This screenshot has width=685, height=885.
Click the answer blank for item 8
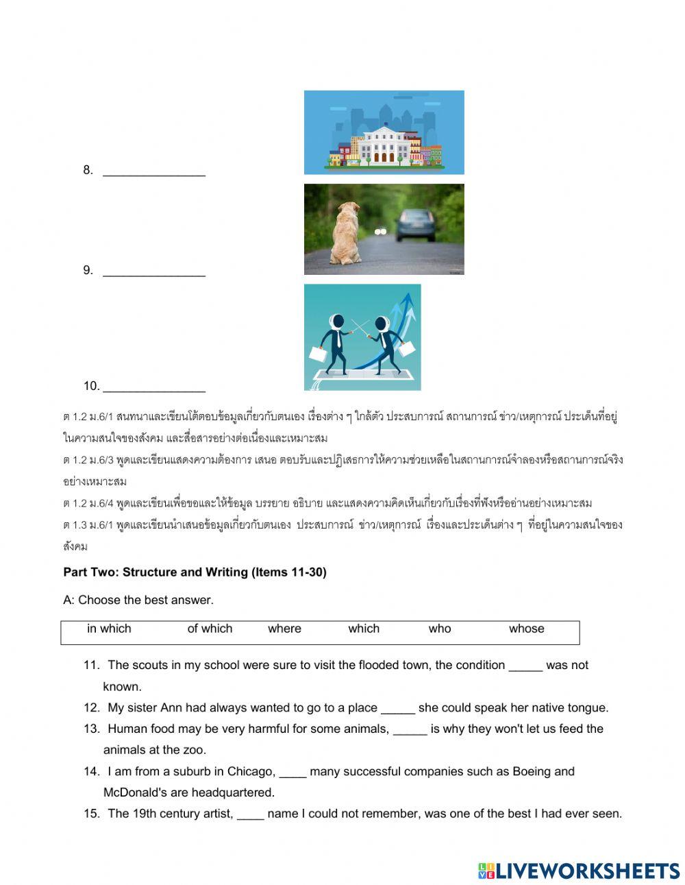[x=154, y=171]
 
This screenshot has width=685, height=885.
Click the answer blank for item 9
[x=154, y=271]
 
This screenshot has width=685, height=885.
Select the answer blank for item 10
[x=154, y=387]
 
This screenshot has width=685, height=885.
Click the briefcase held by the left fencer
[x=318, y=354]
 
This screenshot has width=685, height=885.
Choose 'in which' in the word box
[x=109, y=629]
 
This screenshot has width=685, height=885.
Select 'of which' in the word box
[x=210, y=629]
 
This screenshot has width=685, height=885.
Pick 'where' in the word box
[x=284, y=629]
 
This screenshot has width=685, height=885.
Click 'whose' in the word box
[x=526, y=629]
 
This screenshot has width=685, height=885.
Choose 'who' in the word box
[x=440, y=629]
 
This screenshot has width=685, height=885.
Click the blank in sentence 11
[x=525, y=666]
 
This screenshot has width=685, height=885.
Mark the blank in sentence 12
[x=397, y=709]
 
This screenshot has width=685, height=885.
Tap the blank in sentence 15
[x=251, y=815]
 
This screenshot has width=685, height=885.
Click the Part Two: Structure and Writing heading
[x=195, y=572]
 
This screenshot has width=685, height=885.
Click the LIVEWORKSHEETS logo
[x=578, y=871]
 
